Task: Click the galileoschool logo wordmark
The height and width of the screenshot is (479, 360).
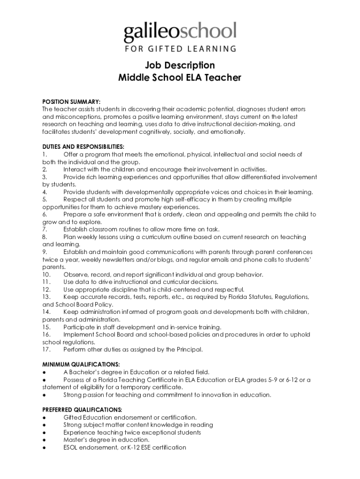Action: (180, 32)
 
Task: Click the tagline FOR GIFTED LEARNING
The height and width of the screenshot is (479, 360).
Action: (180, 48)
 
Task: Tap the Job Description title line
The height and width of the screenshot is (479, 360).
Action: (180, 65)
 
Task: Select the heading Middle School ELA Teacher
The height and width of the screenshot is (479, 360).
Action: (180, 78)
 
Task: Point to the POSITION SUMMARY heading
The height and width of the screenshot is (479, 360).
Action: (72, 102)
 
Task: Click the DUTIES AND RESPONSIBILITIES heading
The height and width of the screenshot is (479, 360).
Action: (83, 147)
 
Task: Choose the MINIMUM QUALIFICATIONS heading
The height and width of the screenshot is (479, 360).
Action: (81, 364)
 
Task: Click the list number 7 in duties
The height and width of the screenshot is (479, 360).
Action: (44, 230)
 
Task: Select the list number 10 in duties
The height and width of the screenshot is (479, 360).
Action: (46, 275)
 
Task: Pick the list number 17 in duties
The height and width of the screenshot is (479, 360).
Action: (46, 349)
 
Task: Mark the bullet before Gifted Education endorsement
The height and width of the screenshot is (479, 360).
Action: (44, 417)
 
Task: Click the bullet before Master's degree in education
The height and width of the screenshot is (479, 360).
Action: (44, 440)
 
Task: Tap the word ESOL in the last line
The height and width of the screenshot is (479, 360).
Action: (72, 447)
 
